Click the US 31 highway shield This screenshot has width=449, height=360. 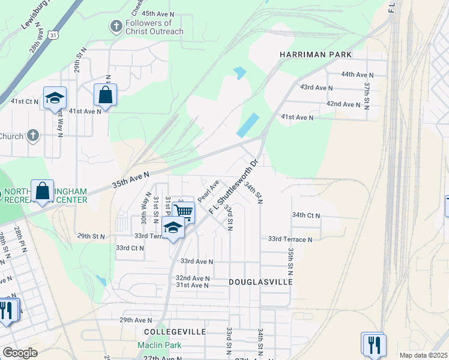[x=54, y=36]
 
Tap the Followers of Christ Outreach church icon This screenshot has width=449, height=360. [x=115, y=26]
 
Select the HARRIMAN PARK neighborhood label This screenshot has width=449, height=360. [x=315, y=55]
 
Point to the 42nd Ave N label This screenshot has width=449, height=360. [x=342, y=104]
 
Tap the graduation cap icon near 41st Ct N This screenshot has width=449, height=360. [x=55, y=98]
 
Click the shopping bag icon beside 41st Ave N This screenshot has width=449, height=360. [x=105, y=95]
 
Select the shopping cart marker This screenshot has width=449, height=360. [x=184, y=211]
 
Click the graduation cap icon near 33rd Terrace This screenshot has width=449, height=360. [x=173, y=228]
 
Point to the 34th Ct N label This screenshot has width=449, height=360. [x=306, y=215]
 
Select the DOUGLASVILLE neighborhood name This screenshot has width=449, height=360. [x=261, y=281]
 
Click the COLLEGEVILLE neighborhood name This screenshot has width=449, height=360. [x=175, y=331]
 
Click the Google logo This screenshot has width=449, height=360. [x=19, y=353]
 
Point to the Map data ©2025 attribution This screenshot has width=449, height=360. [x=423, y=355]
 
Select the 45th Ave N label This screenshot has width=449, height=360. [x=158, y=13]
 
